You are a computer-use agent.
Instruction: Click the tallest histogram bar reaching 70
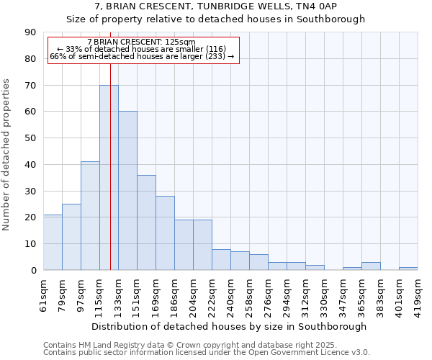click(x=109, y=177)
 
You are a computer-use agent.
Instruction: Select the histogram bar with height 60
click(x=127, y=191)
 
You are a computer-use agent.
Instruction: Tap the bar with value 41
click(x=90, y=216)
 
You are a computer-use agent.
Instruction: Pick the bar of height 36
click(x=146, y=222)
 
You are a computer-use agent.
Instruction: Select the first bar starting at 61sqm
click(x=53, y=242)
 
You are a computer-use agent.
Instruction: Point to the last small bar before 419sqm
click(x=408, y=269)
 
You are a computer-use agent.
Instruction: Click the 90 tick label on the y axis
click(x=30, y=32)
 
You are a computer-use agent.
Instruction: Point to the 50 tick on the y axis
click(x=30, y=138)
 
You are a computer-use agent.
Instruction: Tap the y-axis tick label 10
click(x=30, y=244)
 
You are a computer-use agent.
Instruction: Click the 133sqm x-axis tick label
click(x=118, y=294)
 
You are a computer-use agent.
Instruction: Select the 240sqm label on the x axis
click(x=230, y=294)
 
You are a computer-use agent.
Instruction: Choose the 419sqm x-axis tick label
click(x=418, y=294)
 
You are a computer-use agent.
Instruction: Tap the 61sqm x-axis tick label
click(x=43, y=294)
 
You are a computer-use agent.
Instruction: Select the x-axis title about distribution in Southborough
click(x=230, y=326)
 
